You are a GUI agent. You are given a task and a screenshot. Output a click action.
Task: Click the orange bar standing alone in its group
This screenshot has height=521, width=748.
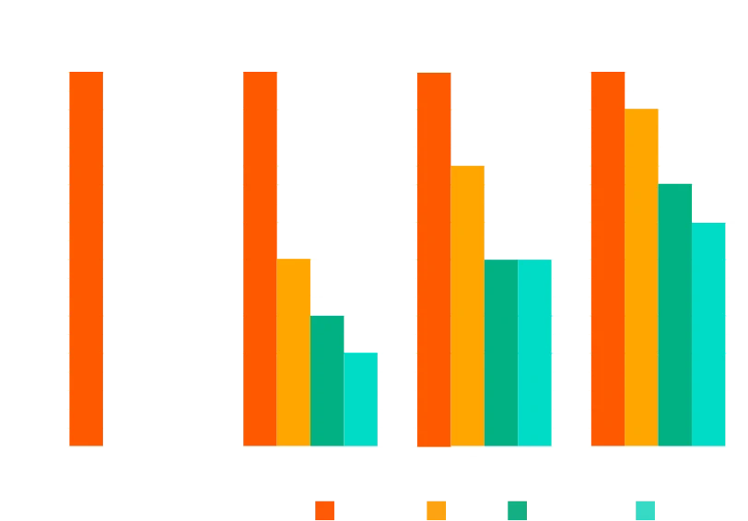86,258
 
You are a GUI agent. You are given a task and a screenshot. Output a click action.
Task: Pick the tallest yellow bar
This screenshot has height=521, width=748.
642,277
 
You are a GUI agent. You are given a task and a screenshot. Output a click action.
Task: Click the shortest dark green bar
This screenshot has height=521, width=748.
327,381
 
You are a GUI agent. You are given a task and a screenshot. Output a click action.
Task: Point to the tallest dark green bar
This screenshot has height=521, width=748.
675,314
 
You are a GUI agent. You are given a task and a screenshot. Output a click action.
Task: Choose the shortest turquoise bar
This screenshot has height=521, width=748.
361,399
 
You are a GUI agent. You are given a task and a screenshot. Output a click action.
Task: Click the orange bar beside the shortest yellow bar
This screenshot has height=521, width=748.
260,258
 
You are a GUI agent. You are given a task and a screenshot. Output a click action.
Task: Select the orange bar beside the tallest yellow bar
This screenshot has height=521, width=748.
607,258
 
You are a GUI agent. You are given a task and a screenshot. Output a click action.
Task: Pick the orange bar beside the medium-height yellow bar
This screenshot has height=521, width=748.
433,259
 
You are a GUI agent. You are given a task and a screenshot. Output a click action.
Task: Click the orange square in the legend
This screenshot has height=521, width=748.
324,510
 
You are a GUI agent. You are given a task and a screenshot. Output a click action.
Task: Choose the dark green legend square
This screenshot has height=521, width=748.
515,510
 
